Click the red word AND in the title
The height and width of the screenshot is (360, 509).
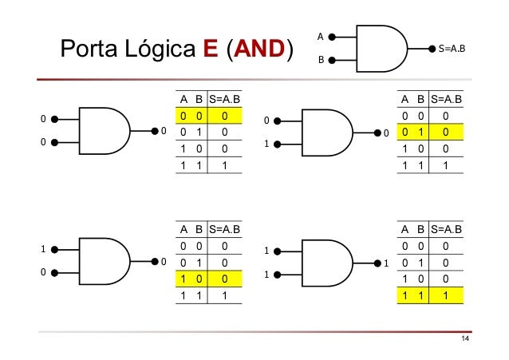click(259, 49)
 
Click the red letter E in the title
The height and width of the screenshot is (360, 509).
click(211, 49)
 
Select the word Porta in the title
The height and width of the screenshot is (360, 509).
click(89, 49)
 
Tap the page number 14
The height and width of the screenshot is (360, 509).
click(465, 339)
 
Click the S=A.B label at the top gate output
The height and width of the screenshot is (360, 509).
click(452, 49)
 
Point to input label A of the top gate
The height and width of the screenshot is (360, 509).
click(321, 37)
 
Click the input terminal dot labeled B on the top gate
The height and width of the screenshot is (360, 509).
click(332, 60)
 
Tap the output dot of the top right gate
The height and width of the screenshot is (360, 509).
click(377, 133)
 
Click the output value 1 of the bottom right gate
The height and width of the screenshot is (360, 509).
click(386, 263)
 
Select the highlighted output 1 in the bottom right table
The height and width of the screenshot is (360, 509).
click(446, 295)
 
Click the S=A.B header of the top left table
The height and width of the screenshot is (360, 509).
click(224, 99)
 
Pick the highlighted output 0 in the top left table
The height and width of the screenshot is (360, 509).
click(225, 116)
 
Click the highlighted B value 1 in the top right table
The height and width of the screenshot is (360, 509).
click(421, 132)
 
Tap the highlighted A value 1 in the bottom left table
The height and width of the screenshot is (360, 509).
click(183, 279)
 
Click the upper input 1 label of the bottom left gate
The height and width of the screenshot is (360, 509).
click(43, 249)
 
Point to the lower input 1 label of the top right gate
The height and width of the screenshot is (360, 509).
click(266, 144)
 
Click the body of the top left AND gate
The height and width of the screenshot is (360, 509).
click(105, 131)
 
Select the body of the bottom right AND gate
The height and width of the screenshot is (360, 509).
click(327, 263)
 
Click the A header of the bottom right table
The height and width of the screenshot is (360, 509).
click(404, 229)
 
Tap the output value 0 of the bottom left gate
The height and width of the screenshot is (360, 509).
click(164, 262)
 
